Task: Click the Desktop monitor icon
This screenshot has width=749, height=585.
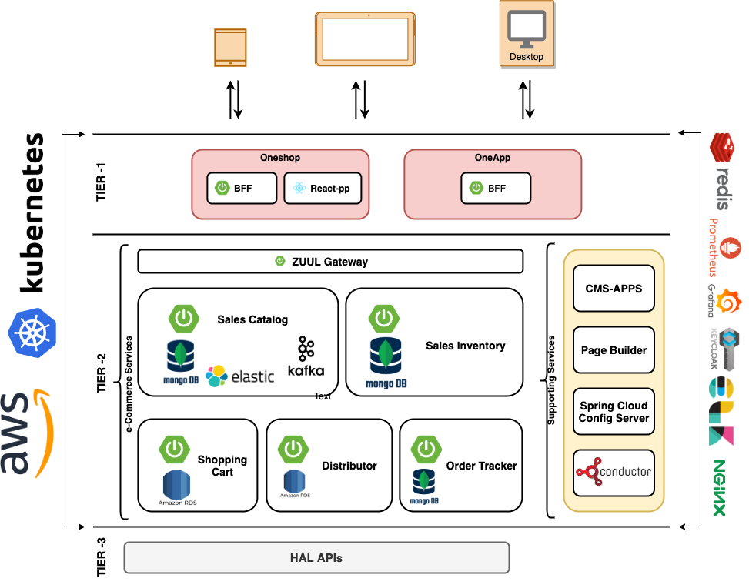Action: (x=527, y=28)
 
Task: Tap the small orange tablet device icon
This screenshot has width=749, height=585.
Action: (x=230, y=48)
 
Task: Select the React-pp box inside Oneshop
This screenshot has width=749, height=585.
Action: (x=323, y=188)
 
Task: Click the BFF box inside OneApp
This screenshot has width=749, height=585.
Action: (x=496, y=188)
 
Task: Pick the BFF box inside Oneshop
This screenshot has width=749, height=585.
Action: (x=242, y=188)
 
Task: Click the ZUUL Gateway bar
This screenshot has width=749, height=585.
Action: (x=330, y=262)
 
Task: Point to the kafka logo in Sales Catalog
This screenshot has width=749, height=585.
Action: (x=306, y=356)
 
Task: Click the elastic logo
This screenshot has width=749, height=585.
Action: (x=240, y=376)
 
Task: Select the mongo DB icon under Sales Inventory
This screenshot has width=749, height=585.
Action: (x=386, y=362)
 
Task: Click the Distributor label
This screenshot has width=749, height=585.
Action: (x=349, y=466)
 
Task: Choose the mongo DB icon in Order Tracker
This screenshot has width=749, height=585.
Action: (x=424, y=486)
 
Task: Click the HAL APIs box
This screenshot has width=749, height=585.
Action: (x=316, y=558)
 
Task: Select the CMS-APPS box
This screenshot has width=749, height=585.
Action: (x=614, y=289)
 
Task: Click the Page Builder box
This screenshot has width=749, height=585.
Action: (x=614, y=350)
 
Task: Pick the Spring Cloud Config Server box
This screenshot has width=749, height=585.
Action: (x=614, y=412)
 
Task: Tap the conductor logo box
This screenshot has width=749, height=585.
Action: (x=614, y=473)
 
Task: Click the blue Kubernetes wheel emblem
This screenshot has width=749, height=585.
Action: (x=32, y=332)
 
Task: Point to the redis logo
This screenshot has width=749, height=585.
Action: (x=722, y=171)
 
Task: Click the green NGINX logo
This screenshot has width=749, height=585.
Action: (x=719, y=488)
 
